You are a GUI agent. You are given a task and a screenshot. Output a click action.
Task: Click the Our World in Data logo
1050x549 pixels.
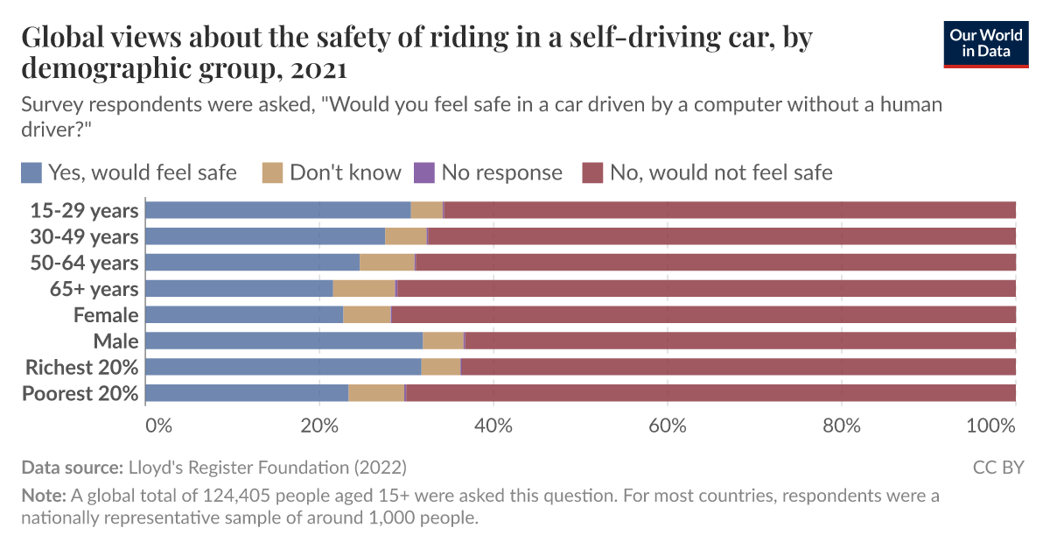click(x=986, y=41)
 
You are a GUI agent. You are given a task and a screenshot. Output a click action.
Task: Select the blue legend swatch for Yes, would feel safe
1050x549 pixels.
click(x=32, y=172)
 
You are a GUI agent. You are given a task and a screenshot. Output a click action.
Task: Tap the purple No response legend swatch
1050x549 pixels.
click(x=423, y=172)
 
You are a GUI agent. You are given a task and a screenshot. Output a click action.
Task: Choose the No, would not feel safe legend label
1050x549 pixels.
click(x=720, y=172)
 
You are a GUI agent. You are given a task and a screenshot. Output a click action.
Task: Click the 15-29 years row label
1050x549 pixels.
click(x=84, y=210)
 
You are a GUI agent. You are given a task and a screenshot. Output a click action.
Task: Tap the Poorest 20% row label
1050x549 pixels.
click(x=80, y=393)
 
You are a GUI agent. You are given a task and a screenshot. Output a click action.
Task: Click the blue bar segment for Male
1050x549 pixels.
click(x=283, y=341)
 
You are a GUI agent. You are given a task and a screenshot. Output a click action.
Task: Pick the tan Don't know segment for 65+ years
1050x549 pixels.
click(x=364, y=289)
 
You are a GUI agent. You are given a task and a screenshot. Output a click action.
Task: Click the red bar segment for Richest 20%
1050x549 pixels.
click(x=738, y=367)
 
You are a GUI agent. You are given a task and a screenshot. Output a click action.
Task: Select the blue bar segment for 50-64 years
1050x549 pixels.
click(x=252, y=263)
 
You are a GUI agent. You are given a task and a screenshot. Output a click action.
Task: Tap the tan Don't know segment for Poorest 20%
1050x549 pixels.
click(x=376, y=393)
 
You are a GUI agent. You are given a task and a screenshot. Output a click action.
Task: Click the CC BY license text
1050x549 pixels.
click(x=998, y=468)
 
